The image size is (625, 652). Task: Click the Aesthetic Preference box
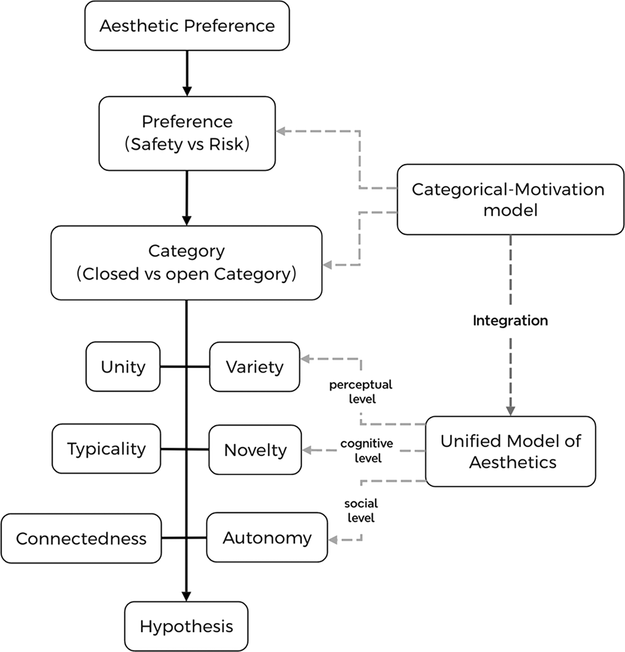pos(187,26)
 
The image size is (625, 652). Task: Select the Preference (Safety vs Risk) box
pos(187,133)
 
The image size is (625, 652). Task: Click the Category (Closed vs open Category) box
pos(186,263)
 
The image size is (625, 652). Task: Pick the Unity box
pos(123,367)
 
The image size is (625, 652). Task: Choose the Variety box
pos(255,367)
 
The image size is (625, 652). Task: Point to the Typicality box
pos(106,449)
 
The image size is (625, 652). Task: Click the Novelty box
pos(255,450)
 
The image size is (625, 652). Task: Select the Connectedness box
pos(81,538)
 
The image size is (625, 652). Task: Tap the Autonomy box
pos(267,538)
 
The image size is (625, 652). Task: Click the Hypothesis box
pos(186,627)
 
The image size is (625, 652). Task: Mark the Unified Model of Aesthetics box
pos(511,452)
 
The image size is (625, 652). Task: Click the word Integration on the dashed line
pos(510,320)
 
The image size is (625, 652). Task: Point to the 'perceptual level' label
pos(361,391)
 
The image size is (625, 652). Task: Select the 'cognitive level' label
pos(367,450)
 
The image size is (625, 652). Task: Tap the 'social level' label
pos(361,510)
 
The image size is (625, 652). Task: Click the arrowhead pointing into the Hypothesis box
pos(186,596)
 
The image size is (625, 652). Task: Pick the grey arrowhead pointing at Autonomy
pos(333,540)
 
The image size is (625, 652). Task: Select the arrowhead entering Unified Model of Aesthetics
pos(510,410)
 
